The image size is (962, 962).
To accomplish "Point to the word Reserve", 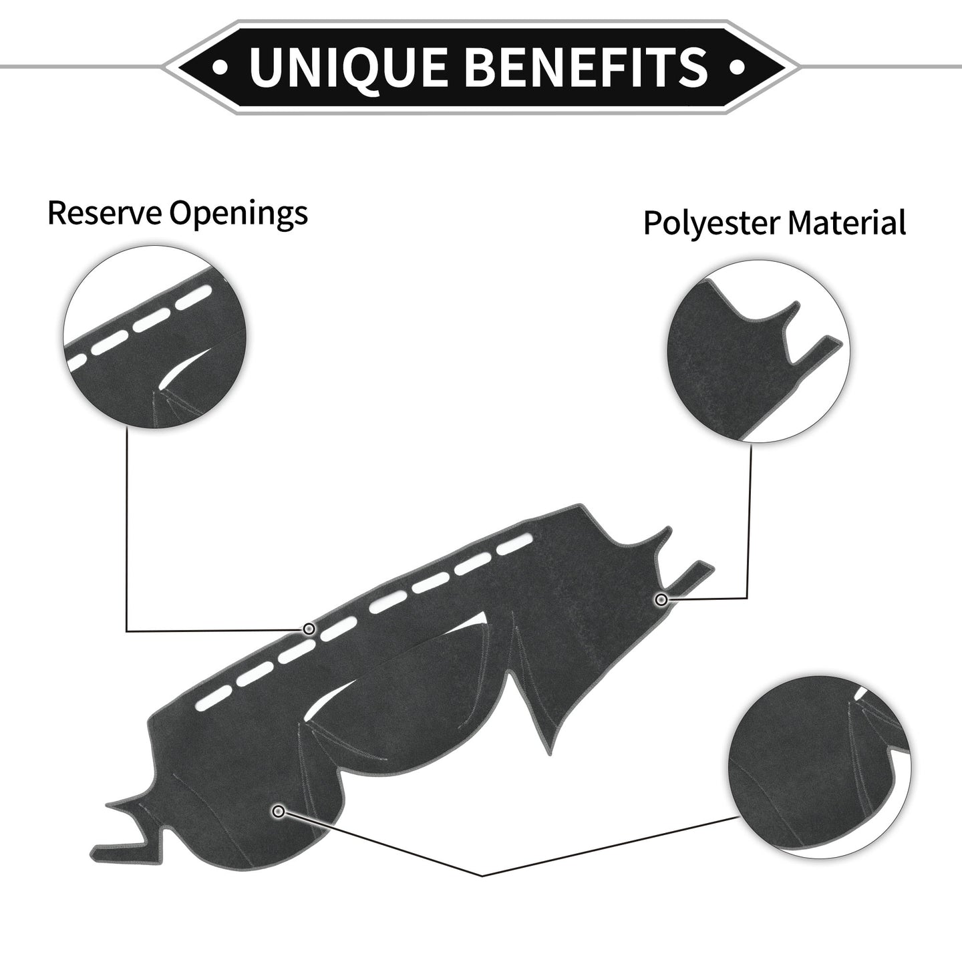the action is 105,213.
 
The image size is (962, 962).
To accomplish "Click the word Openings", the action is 238,214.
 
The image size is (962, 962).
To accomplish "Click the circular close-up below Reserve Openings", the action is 155,337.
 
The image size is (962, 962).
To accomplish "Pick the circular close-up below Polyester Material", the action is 758,351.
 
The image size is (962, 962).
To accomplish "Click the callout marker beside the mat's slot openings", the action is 309,629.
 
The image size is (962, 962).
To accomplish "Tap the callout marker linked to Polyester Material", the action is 661,599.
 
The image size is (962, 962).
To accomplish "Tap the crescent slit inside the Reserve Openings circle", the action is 184,368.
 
